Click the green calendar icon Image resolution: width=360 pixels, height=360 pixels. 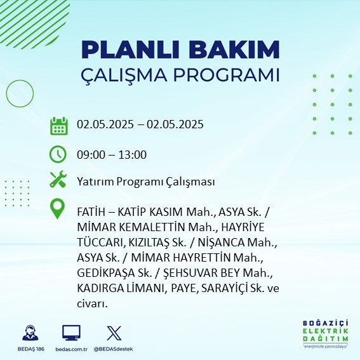click(x=59, y=126)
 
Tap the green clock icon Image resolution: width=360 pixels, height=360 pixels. click(x=58, y=154)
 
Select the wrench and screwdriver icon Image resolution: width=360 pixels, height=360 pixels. click(x=58, y=179)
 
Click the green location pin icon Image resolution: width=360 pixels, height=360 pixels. click(x=57, y=208)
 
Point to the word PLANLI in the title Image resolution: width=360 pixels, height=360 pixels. click(x=130, y=50)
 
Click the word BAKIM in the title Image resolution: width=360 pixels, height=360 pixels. click(x=234, y=50)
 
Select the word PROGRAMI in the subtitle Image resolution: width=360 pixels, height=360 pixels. click(x=227, y=75)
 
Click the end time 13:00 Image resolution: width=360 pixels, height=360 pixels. click(x=133, y=155)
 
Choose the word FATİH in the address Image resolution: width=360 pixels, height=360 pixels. click(x=91, y=211)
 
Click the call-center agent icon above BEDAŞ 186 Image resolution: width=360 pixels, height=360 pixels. click(x=30, y=333)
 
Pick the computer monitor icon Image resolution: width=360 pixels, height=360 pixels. click(x=71, y=333)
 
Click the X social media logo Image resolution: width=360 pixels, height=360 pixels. click(x=114, y=333)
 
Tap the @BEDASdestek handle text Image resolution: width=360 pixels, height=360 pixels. click(x=114, y=349)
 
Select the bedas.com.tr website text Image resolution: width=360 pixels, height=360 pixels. click(x=71, y=349)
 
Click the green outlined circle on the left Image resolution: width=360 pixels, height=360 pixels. click(x=6, y=94)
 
